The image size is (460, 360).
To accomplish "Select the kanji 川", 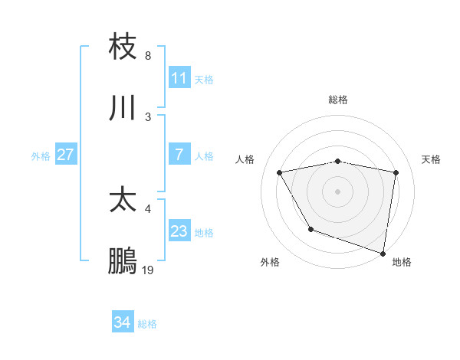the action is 123,108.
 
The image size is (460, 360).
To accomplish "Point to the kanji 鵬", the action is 123,261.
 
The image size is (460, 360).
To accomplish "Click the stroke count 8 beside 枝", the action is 148,56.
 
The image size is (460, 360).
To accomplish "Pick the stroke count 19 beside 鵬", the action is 148,270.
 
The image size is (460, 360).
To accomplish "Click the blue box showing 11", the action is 179,78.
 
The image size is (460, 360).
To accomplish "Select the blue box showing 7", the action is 179,155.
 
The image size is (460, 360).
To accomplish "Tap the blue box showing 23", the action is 179,231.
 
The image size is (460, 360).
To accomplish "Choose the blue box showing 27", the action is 65,155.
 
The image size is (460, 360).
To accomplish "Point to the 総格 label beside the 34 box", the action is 147,324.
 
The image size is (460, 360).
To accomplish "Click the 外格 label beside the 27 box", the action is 41,155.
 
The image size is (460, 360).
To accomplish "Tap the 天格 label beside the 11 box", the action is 203,79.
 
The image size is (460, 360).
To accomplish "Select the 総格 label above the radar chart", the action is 337,100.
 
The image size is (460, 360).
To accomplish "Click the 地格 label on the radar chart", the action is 402,262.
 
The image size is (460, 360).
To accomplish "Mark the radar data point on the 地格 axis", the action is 383,253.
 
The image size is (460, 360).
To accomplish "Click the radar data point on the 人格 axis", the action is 280,172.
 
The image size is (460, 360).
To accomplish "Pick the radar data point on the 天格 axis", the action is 396,172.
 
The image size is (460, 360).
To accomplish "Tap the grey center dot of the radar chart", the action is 337,191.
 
